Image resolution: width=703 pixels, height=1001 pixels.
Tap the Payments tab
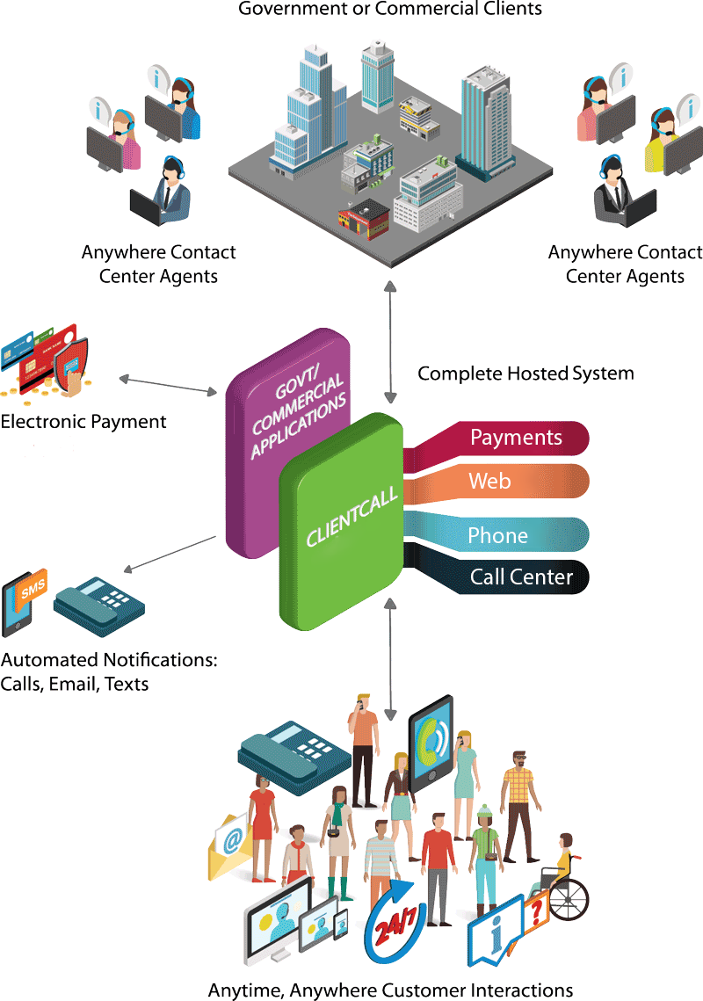click(515, 438)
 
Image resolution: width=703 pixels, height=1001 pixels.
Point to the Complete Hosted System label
click(525, 374)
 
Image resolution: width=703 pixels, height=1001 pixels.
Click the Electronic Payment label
click(83, 422)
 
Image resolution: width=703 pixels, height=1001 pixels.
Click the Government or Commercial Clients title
click(390, 10)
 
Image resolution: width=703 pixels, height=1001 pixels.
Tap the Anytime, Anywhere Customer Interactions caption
click(390, 990)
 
